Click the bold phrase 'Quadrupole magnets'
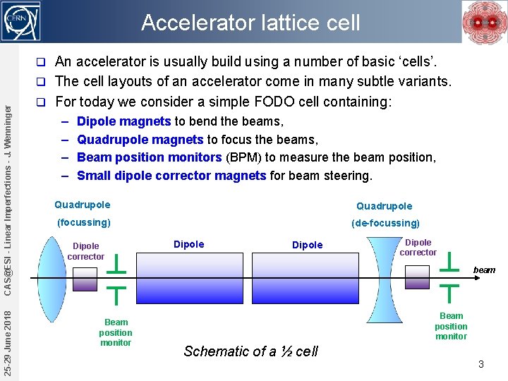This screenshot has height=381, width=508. (x=140, y=139)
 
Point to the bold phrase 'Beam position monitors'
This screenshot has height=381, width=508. (x=150, y=157)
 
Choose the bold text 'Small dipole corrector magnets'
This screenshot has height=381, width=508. (x=171, y=175)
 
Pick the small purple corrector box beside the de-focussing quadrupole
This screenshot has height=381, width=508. (x=417, y=277)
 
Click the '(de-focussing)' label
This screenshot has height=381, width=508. (x=385, y=223)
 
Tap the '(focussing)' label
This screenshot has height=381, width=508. (x=83, y=222)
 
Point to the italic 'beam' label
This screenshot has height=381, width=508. (x=484, y=270)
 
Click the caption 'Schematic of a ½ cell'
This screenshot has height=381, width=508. (x=250, y=351)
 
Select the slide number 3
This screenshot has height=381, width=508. (x=480, y=364)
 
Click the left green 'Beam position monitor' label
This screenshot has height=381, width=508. (x=116, y=332)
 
